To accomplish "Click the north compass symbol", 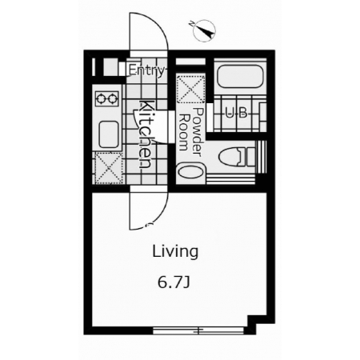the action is pyautogui.click(x=204, y=30).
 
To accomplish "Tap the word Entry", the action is pyautogui.click(x=146, y=71).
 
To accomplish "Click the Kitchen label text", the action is pyautogui.click(x=146, y=134).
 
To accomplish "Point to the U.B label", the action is pyautogui.click(x=236, y=113).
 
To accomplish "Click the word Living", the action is pyautogui.click(x=175, y=251).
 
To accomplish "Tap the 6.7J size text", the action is pyautogui.click(x=174, y=282).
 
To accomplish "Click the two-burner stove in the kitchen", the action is pyautogui.click(x=107, y=98).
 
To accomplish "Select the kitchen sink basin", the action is pyautogui.click(x=109, y=134).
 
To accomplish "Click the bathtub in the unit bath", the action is pyautogui.click(x=240, y=76).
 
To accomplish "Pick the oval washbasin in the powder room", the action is pyautogui.click(x=190, y=170).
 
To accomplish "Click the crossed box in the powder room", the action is pyautogui.click(x=191, y=90).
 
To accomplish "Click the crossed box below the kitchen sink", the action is pyautogui.click(x=109, y=168).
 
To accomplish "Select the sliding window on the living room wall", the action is pyautogui.click(x=198, y=330).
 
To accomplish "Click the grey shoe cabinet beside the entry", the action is pyautogui.click(x=110, y=67).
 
